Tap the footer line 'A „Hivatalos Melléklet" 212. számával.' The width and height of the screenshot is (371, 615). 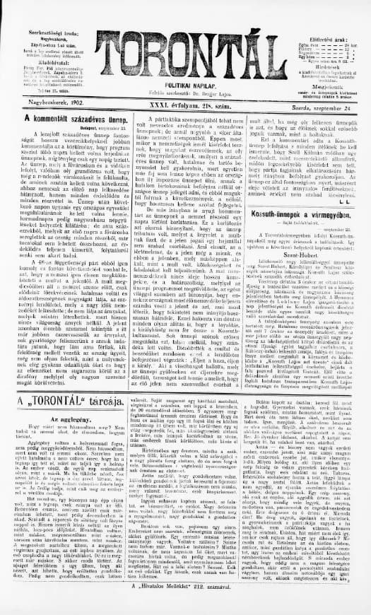pos(185,607)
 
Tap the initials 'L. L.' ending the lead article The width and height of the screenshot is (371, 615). pos(351,201)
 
